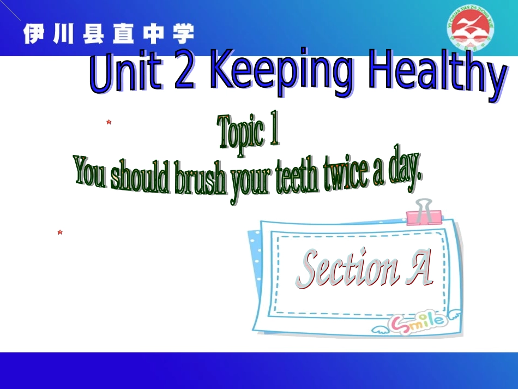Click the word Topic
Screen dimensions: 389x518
click(240, 133)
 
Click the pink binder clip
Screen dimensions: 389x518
click(423, 213)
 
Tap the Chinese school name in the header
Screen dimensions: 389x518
click(109, 34)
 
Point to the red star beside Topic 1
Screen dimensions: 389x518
click(109, 122)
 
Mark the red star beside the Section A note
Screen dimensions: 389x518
click(60, 232)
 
